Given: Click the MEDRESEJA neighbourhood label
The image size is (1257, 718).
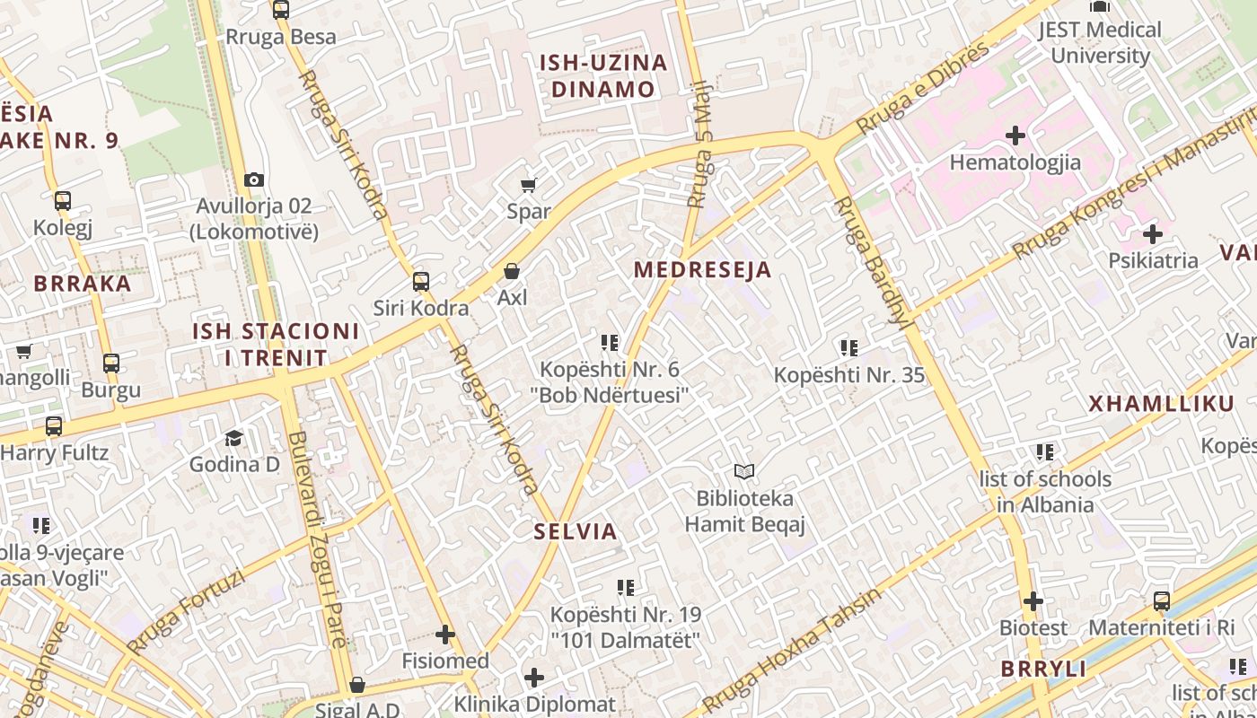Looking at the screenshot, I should (x=702, y=270).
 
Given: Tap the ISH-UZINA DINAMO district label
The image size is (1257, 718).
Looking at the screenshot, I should (x=603, y=76).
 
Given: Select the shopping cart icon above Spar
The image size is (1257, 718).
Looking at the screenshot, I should (x=529, y=185).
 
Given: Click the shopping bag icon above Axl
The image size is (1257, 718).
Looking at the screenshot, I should (x=512, y=271).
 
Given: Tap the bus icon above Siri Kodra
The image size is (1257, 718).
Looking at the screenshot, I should (x=421, y=282).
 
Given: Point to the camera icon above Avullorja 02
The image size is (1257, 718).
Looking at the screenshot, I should (x=254, y=179).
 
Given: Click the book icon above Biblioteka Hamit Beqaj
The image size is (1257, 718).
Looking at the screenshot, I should (x=744, y=471).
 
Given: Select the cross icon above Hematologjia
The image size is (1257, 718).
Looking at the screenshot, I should (x=1015, y=136).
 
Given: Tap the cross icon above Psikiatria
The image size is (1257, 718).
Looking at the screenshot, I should (x=1153, y=235).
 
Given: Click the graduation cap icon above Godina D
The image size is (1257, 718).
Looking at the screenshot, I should (x=234, y=438).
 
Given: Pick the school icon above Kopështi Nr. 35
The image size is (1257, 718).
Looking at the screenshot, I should (x=849, y=348).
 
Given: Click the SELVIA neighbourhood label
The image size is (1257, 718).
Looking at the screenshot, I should (x=576, y=531).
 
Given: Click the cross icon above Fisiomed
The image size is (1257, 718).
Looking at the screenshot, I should (x=445, y=635).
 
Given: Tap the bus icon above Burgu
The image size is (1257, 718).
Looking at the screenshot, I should (x=111, y=363).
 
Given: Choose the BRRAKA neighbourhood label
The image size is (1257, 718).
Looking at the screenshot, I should (x=83, y=284).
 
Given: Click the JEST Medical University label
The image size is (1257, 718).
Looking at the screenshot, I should (x=1100, y=42).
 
